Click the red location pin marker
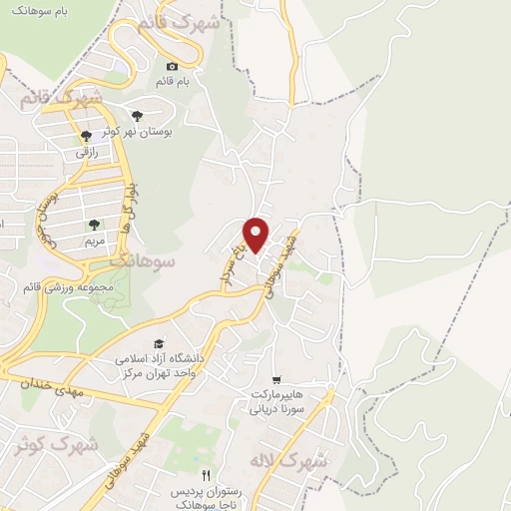[256, 234]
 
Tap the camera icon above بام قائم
[171, 66]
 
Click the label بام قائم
[171, 80]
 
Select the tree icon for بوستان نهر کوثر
[137, 116]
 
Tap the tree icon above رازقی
[86, 137]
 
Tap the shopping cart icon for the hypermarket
[275, 379]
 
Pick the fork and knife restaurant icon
[206, 475]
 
